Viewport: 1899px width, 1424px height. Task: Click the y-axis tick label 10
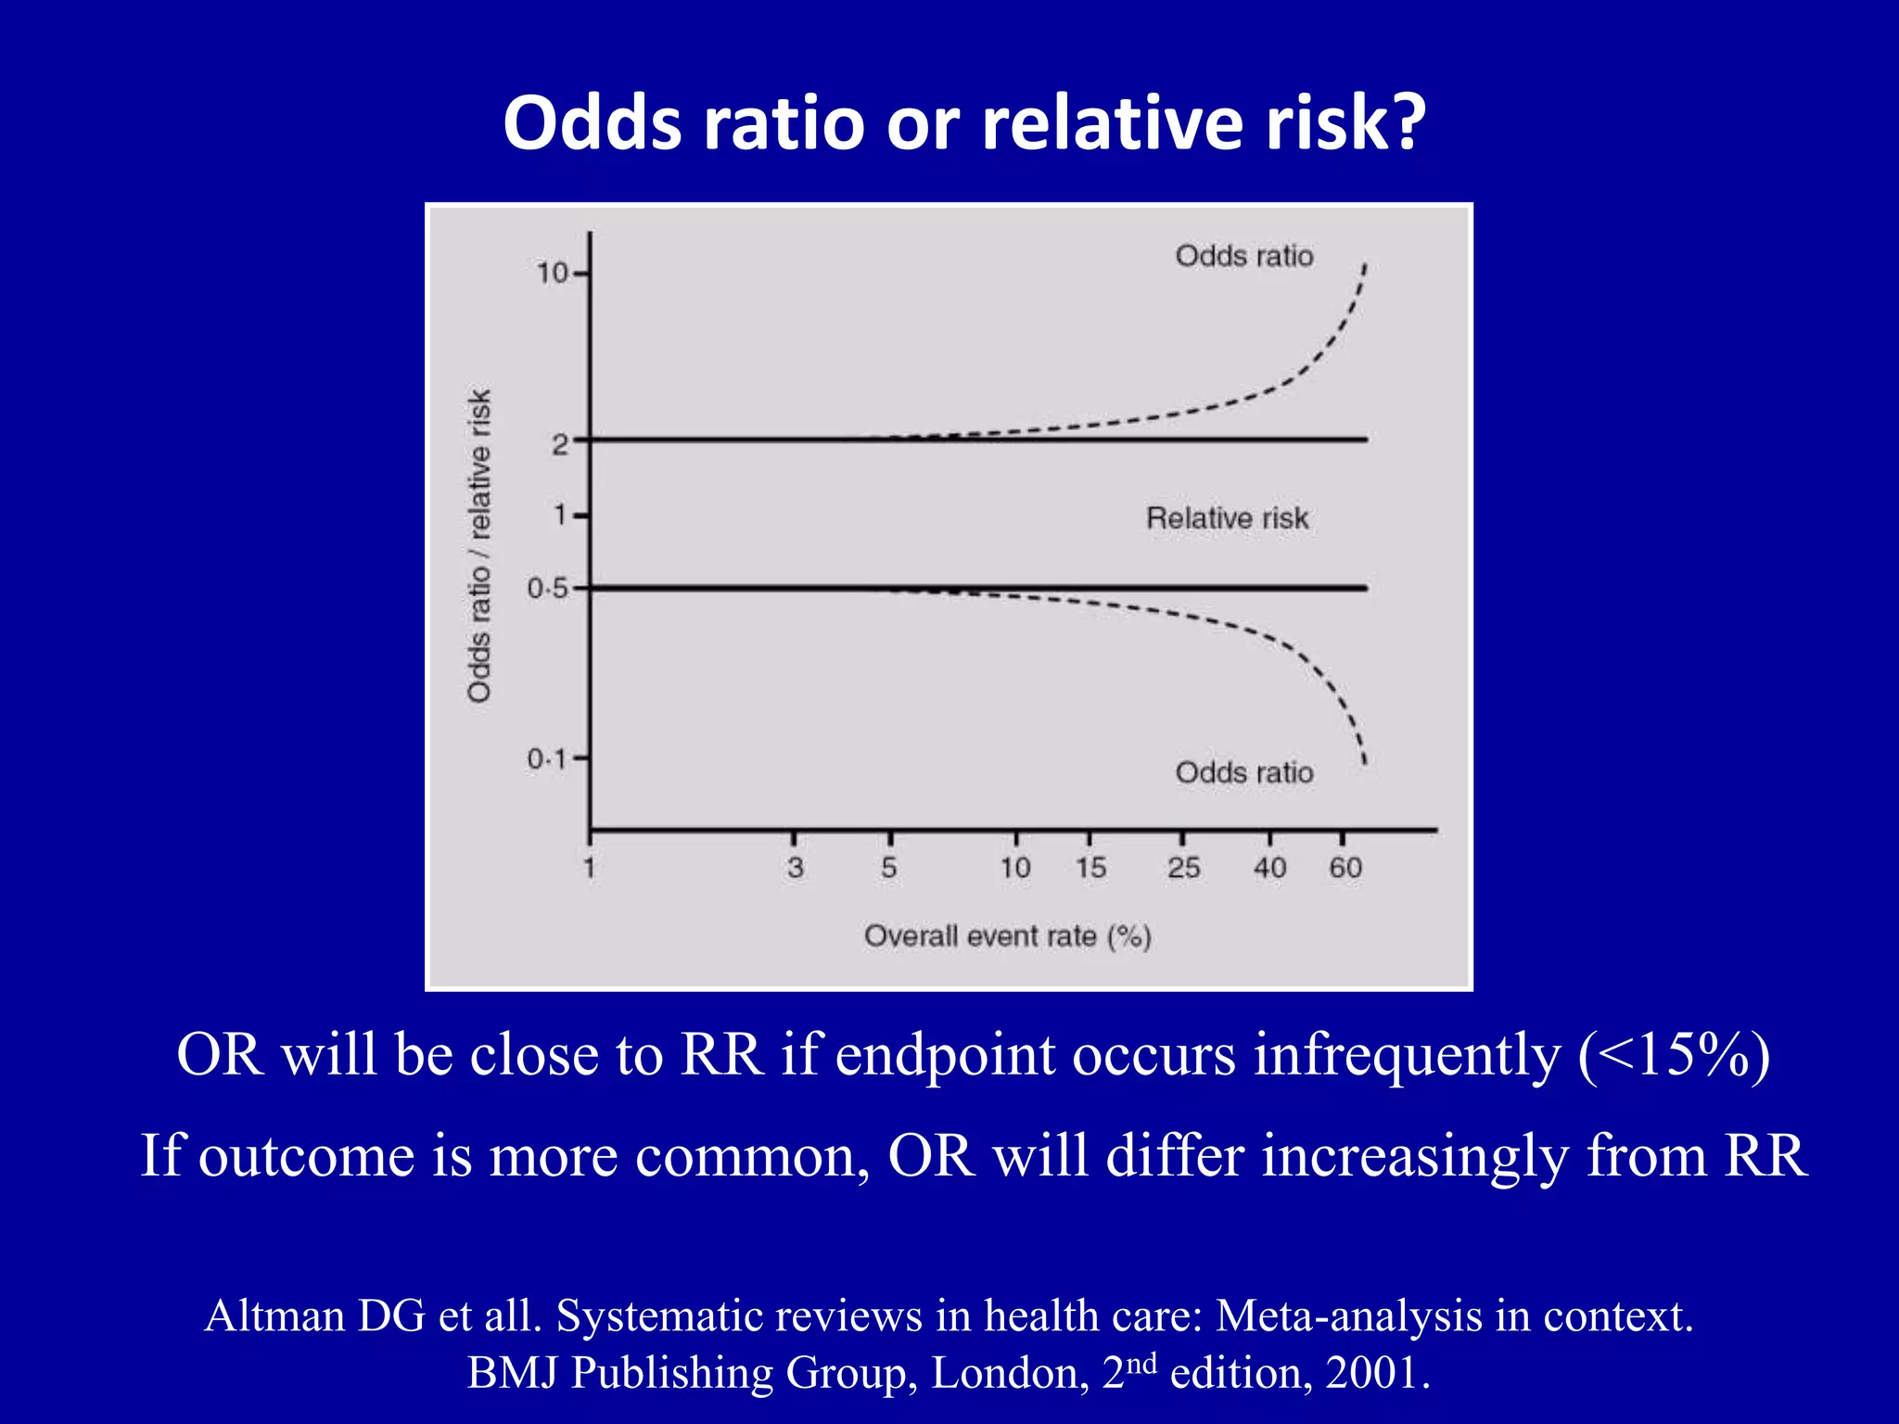[552, 273]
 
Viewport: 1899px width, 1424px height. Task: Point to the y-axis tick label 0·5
[546, 589]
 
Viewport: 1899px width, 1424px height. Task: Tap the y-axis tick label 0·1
[546, 759]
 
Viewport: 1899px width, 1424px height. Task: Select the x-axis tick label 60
[1345, 868]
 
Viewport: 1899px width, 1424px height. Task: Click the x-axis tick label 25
[1183, 868]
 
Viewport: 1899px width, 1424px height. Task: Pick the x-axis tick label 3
[795, 868]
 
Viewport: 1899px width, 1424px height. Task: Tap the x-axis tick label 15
[1090, 868]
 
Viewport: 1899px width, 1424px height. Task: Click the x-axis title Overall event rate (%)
[1007, 936]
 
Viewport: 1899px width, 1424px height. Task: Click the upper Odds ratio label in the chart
[1243, 256]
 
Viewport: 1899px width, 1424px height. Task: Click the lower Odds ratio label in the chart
[1243, 772]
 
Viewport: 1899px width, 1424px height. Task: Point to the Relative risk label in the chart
[1227, 518]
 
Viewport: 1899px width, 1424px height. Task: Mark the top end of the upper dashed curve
[1365, 266]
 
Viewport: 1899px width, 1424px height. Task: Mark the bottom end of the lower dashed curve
[1364, 762]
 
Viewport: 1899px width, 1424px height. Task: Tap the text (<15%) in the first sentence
[1674, 1054]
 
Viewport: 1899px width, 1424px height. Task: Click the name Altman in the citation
[274, 1316]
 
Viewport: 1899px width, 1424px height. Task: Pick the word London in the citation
[1009, 1373]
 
